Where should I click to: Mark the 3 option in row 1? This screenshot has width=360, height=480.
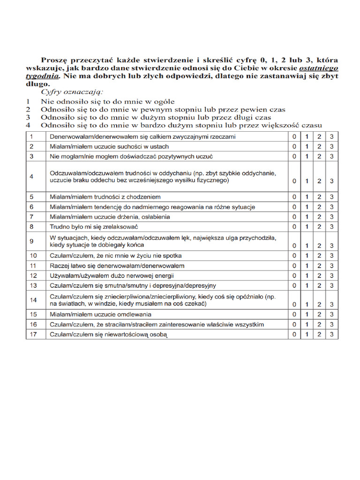(x=331, y=136)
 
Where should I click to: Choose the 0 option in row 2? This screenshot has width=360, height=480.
(x=294, y=146)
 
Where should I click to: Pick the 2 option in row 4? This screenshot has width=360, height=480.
(x=319, y=181)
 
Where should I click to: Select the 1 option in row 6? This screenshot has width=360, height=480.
(x=307, y=207)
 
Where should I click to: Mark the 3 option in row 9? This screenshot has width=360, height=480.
(x=331, y=246)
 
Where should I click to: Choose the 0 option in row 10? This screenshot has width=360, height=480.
(x=294, y=256)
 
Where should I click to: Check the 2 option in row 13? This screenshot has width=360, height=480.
(x=319, y=285)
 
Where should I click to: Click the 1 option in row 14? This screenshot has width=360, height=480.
(x=307, y=304)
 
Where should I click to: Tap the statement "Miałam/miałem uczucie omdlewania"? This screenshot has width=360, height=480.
(x=104, y=314)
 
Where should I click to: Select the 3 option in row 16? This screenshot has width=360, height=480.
(x=331, y=324)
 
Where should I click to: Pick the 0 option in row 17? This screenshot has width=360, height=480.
(x=294, y=334)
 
